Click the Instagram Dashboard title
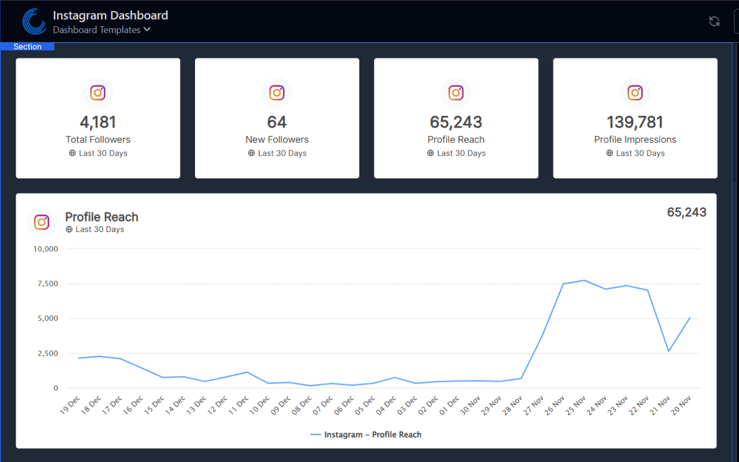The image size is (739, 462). point(110,15)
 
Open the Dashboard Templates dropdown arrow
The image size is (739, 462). point(147,29)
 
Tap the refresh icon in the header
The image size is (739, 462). point(714,21)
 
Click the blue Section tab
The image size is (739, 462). point(27,47)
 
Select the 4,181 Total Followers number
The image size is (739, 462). point(98,122)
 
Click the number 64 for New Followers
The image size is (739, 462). point(277,122)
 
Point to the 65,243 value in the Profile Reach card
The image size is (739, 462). point(456,122)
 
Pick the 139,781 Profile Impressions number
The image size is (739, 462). point(635,122)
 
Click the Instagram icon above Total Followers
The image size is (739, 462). point(98,92)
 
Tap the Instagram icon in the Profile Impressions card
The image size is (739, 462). point(635,92)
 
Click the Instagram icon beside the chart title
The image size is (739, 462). point(42,222)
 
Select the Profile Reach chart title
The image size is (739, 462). point(102,217)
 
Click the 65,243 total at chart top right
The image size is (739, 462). point(686,213)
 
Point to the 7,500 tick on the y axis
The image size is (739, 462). point(48,283)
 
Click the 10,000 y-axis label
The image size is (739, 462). point(46,249)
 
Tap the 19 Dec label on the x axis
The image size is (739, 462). point(70,405)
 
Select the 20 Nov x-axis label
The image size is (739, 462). point(681,405)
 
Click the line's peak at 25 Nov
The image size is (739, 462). point(585,280)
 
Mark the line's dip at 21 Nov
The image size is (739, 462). point(669,351)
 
